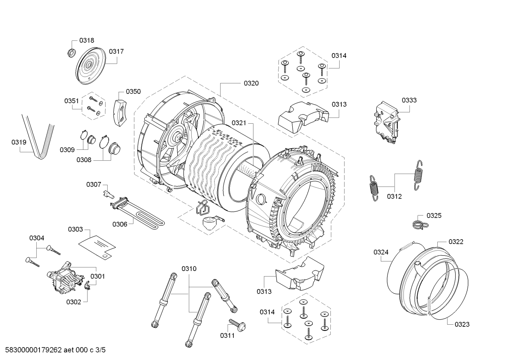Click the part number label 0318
86,41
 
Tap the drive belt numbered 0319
38,136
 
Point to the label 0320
251,83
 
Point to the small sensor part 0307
108,194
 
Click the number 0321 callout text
239,123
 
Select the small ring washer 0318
72,53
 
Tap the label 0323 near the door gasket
462,324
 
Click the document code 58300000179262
34,350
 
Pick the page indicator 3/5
100,350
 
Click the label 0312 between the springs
394,196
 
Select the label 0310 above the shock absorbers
189,268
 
